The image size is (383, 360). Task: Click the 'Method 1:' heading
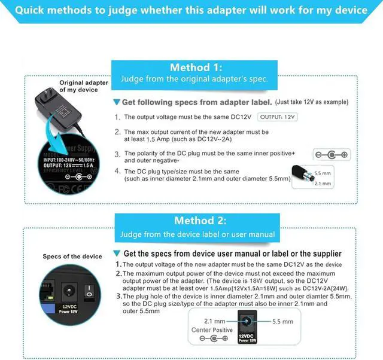(x=196, y=67)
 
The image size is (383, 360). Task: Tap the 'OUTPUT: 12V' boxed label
(x=278, y=117)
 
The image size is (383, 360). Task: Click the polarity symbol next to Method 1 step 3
(x=333, y=155)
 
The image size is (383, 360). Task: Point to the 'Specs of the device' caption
(x=72, y=257)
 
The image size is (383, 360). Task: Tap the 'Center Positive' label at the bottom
(x=212, y=330)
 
